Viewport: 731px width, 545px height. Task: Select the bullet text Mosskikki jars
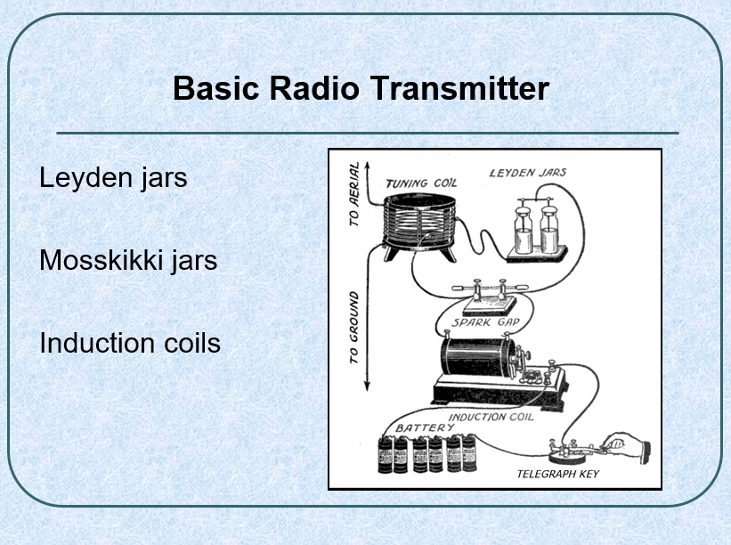pos(128,260)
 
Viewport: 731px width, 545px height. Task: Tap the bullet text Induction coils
pos(130,343)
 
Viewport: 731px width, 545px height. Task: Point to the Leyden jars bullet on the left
pos(113,177)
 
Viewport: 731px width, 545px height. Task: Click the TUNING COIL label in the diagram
pos(421,183)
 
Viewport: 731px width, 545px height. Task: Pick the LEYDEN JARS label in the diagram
pos(528,173)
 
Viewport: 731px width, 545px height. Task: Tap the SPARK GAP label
pos(486,322)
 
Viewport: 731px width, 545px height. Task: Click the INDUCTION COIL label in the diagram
pos(491,417)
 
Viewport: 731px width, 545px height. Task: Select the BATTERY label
pos(425,427)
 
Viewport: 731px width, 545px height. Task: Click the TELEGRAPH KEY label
pos(558,474)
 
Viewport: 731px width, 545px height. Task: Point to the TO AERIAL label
pos(354,194)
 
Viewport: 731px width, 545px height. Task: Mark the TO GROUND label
pos(354,328)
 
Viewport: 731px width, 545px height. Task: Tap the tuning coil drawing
pos(419,227)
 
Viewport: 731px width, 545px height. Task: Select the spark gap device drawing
pos(490,297)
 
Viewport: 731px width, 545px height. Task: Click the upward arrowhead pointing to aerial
pos(368,166)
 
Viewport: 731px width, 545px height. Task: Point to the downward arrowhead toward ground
pos(368,386)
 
